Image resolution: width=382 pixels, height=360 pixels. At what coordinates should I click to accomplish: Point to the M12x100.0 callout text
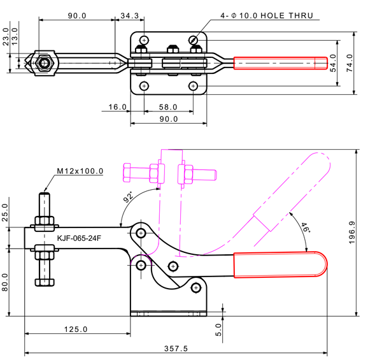80,171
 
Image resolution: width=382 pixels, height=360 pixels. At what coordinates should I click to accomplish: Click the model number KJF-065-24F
79,239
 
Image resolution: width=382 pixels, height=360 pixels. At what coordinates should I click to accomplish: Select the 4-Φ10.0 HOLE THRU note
267,15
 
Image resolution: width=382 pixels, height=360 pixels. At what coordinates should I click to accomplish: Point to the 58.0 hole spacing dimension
169,108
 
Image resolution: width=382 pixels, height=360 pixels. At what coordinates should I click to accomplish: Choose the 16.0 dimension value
117,108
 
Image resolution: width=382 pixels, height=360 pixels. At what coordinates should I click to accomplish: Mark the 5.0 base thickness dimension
218,329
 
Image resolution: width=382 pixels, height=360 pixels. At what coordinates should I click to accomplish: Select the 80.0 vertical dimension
6,281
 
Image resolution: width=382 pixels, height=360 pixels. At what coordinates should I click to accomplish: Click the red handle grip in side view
280,265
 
